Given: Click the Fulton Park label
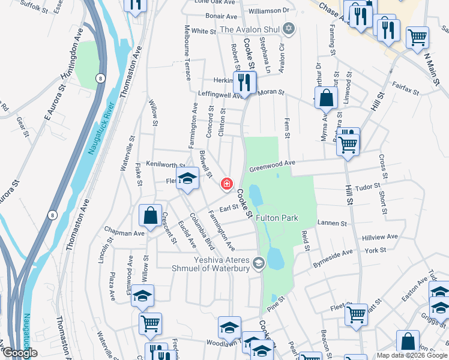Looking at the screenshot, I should [277, 218].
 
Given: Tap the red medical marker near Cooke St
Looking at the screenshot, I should [227, 184].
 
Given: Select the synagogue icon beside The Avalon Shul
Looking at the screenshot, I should [289, 29].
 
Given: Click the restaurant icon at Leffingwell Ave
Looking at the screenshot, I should [244, 81].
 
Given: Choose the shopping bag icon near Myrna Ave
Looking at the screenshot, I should [325, 98].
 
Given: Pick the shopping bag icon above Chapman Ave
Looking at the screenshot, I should [150, 214].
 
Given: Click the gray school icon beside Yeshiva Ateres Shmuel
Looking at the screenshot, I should [259, 263].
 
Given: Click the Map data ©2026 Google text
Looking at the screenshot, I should [412, 355].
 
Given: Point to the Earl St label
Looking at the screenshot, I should [229, 208].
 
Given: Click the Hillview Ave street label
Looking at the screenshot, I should [380, 237].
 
